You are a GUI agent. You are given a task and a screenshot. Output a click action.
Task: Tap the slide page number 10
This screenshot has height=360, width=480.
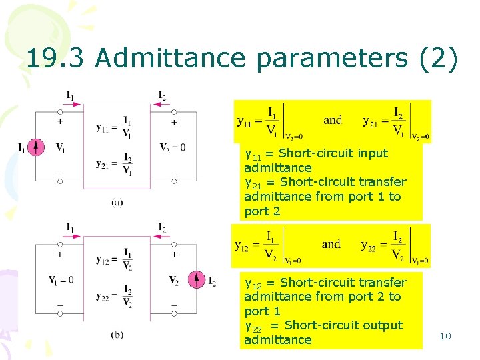(445, 336)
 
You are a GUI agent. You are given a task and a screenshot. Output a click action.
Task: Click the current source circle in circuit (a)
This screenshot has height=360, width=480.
(37, 147)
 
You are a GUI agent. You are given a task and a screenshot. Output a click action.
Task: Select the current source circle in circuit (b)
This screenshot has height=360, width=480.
(196, 280)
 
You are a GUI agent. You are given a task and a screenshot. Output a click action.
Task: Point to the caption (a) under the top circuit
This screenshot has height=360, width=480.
(117, 202)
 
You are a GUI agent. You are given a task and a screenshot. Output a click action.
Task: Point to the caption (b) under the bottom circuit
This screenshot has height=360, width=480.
(117, 335)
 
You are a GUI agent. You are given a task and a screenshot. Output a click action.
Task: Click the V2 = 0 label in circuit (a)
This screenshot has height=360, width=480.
(173, 147)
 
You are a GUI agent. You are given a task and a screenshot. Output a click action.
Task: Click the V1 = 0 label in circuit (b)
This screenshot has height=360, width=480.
(61, 279)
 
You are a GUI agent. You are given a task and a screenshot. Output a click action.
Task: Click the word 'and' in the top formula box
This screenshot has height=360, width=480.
(333, 121)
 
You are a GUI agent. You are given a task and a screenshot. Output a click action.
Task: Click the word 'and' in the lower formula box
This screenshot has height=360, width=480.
(331, 244)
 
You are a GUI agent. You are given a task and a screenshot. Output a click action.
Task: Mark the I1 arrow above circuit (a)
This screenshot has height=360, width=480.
(74, 105)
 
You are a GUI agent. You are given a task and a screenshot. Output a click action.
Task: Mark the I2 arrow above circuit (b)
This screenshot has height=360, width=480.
(163, 237)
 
